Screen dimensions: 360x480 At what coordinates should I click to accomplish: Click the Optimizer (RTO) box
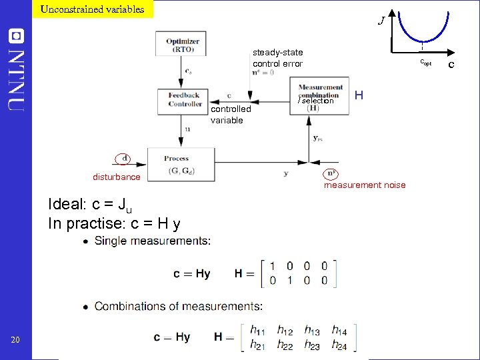pyautogui.click(x=182, y=44)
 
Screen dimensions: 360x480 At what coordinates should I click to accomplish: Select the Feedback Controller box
pyautogui.click(x=185, y=100)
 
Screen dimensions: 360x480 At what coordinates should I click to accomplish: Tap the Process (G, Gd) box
pyautogui.click(x=181, y=165)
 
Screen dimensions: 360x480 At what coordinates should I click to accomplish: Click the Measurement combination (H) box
pyautogui.click(x=320, y=97)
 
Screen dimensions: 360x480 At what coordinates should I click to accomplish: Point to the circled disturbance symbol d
pyautogui.click(x=123, y=159)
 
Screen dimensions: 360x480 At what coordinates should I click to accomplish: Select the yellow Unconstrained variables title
pyautogui.click(x=92, y=9)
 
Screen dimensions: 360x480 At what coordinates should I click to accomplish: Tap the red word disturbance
pyautogui.click(x=116, y=177)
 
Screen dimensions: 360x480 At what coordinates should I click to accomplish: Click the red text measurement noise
pyautogui.click(x=364, y=185)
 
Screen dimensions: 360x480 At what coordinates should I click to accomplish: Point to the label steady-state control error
pyautogui.click(x=277, y=58)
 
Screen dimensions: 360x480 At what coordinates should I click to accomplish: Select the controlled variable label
pyautogui.click(x=231, y=114)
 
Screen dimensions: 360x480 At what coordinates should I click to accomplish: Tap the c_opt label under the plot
pyautogui.click(x=425, y=62)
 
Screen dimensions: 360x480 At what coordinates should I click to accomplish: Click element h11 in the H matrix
pyautogui.click(x=258, y=330)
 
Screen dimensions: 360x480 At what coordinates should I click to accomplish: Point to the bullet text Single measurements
pyautogui.click(x=153, y=241)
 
